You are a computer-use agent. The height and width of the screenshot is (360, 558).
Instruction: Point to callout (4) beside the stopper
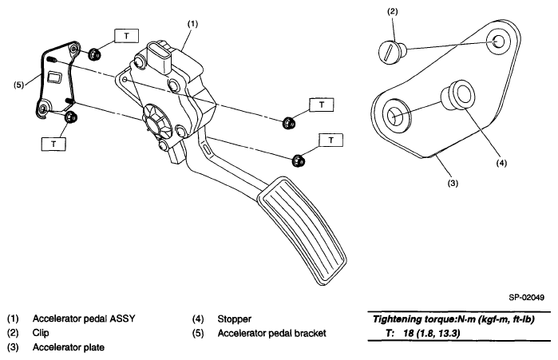pyautogui.click(x=501, y=163)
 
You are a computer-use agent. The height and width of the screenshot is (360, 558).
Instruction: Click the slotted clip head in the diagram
pyautogui.click(x=388, y=53)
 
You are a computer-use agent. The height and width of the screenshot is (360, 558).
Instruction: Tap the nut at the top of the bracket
pyautogui.click(x=93, y=54)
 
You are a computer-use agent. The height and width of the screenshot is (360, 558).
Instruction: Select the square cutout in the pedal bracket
pyautogui.click(x=55, y=77)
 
